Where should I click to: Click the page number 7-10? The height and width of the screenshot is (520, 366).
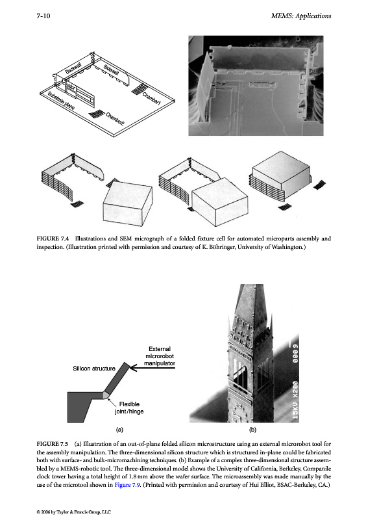point(43,16)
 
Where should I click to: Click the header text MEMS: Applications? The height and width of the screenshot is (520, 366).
point(300,16)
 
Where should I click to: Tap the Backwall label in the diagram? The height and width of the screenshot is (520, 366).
point(73,68)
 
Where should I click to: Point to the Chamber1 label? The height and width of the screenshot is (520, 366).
point(151,99)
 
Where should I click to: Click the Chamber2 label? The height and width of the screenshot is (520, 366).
point(116,119)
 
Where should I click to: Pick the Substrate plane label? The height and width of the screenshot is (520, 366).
point(61,101)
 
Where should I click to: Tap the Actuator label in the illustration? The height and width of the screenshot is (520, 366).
point(68,85)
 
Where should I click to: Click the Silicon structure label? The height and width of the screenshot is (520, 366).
point(94,369)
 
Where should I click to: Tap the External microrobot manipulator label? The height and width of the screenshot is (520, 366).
point(160,356)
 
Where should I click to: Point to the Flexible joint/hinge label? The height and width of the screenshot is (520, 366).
point(129,408)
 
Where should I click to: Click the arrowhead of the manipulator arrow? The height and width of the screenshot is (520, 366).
point(132,367)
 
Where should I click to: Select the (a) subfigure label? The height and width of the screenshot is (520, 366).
point(119,430)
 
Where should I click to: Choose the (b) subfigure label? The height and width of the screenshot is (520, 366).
point(252,430)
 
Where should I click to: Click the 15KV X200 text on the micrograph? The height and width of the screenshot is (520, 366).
point(295,400)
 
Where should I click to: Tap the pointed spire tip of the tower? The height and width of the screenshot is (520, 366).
point(251,285)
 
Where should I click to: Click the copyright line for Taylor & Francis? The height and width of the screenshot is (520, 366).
point(73,512)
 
